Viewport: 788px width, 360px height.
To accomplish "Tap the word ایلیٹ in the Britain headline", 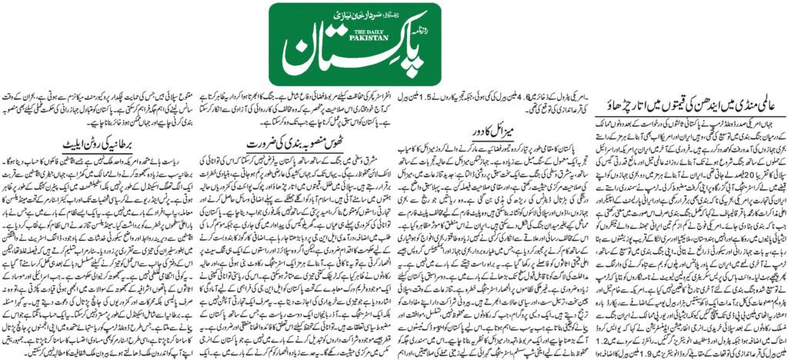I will (x=71, y=144).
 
